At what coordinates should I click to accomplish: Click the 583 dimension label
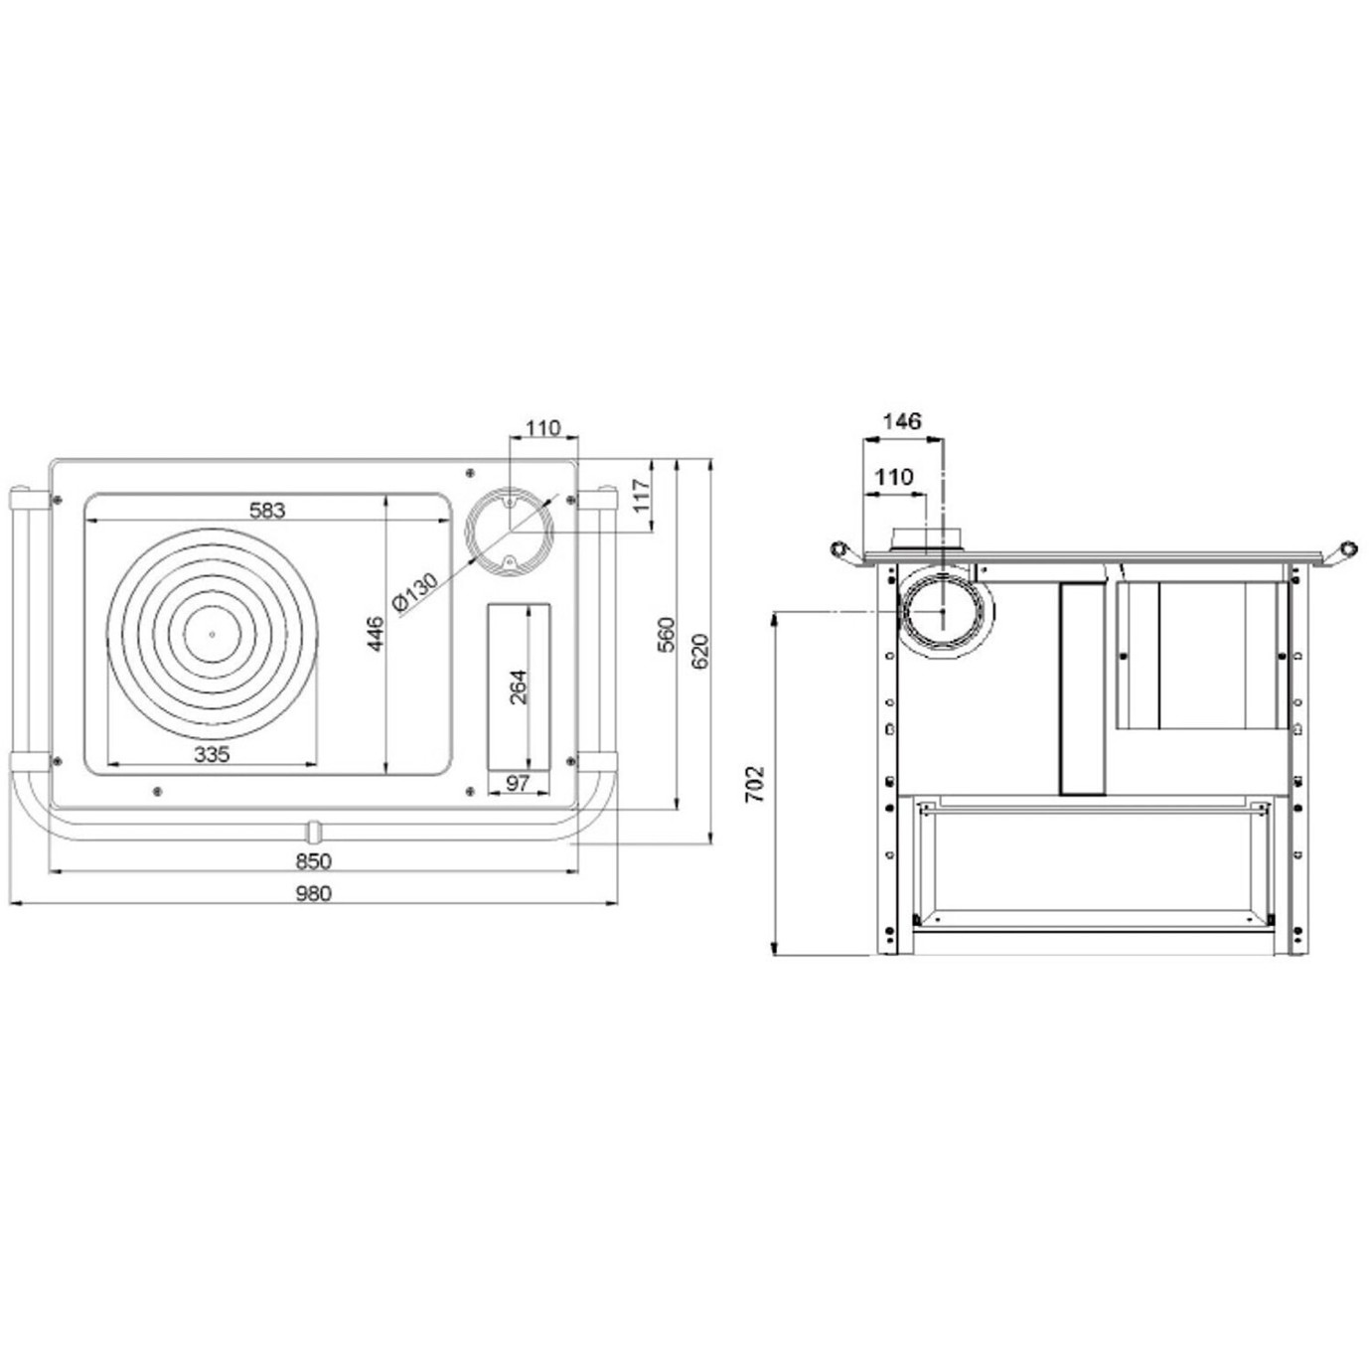(267, 510)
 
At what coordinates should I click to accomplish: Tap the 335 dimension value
(212, 754)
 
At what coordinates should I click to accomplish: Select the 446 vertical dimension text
(376, 634)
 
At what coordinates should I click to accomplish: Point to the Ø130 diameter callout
(415, 590)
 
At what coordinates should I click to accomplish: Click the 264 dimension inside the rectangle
(520, 686)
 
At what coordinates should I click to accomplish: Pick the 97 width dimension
(518, 783)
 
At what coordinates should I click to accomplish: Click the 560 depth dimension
(667, 636)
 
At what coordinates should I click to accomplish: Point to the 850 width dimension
(313, 861)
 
